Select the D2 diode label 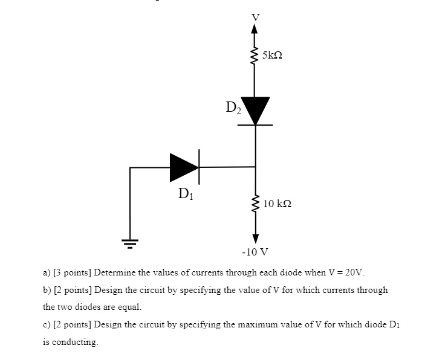pyautogui.click(x=233, y=108)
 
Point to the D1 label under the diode pyautogui.click(x=186, y=194)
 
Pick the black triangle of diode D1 pyautogui.click(x=184, y=167)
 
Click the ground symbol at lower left pyautogui.click(x=130, y=243)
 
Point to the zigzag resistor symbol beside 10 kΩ pyautogui.click(x=255, y=204)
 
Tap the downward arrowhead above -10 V pyautogui.click(x=255, y=236)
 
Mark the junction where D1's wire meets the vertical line pyautogui.click(x=255, y=166)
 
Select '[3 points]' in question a pyautogui.click(x=72, y=272)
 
